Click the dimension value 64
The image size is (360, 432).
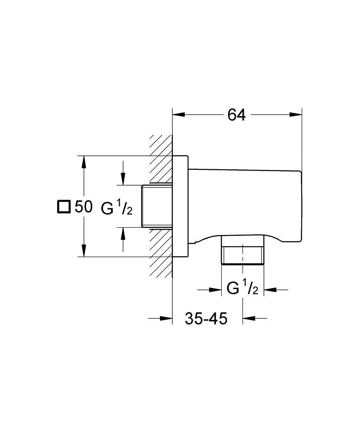[236, 115]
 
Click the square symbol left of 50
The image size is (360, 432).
[63, 206]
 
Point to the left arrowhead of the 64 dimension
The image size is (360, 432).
[178, 115]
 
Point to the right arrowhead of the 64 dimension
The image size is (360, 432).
[296, 115]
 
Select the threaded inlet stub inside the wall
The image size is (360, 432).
[156, 206]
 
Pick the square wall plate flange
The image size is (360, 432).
[181, 206]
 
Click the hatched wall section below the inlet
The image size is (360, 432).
[161, 255]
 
